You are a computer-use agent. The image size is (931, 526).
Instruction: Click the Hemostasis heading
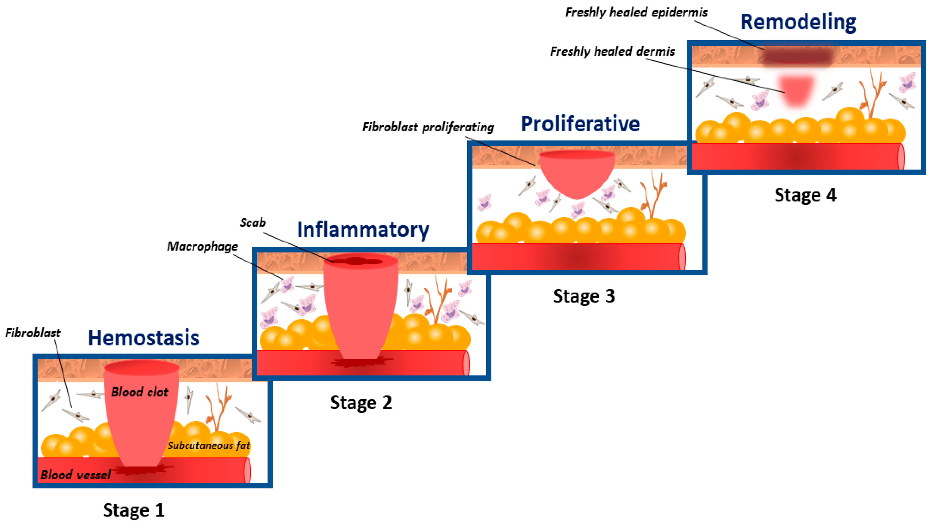point(143,338)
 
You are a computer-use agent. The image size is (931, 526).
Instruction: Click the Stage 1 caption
point(134,510)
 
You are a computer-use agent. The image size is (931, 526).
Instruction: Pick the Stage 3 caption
point(584,296)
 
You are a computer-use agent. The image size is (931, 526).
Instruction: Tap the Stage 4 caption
point(805,195)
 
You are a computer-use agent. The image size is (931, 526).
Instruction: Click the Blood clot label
point(140,392)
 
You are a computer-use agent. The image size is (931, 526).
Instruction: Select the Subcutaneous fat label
point(209,445)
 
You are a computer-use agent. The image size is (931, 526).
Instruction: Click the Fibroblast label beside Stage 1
point(33,333)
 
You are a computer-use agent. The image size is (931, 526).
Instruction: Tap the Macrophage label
point(202,246)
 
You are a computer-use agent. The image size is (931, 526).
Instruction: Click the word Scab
point(253,222)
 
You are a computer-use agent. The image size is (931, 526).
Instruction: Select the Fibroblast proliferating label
point(428,127)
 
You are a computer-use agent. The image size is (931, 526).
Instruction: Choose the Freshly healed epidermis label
point(636,12)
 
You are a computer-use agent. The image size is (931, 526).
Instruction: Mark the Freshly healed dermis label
point(612,51)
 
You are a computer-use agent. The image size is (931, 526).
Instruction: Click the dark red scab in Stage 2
point(356,261)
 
